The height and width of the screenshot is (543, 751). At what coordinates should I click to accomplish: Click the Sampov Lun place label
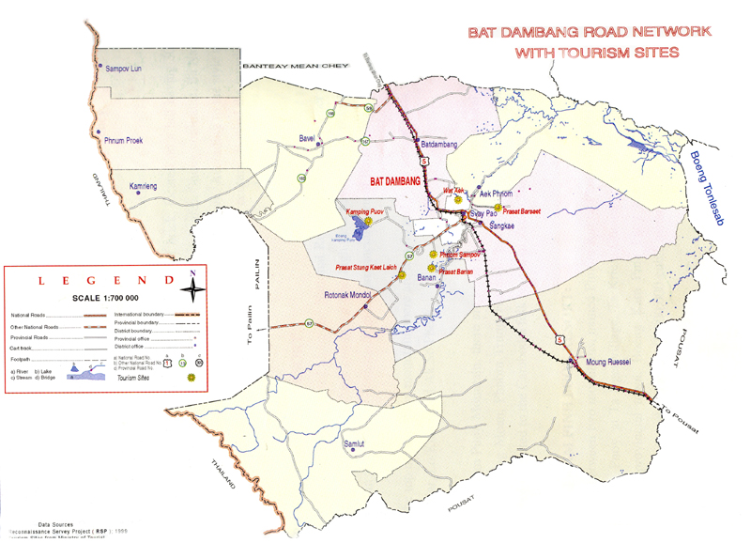[123, 69]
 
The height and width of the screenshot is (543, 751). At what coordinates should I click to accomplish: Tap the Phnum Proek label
[124, 139]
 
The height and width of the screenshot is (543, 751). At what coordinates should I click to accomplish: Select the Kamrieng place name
[143, 187]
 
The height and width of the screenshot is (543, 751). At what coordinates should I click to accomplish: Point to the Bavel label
[306, 138]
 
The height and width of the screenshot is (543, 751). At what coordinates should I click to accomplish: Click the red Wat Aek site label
[453, 190]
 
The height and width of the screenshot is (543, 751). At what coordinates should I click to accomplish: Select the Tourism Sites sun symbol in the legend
[192, 376]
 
